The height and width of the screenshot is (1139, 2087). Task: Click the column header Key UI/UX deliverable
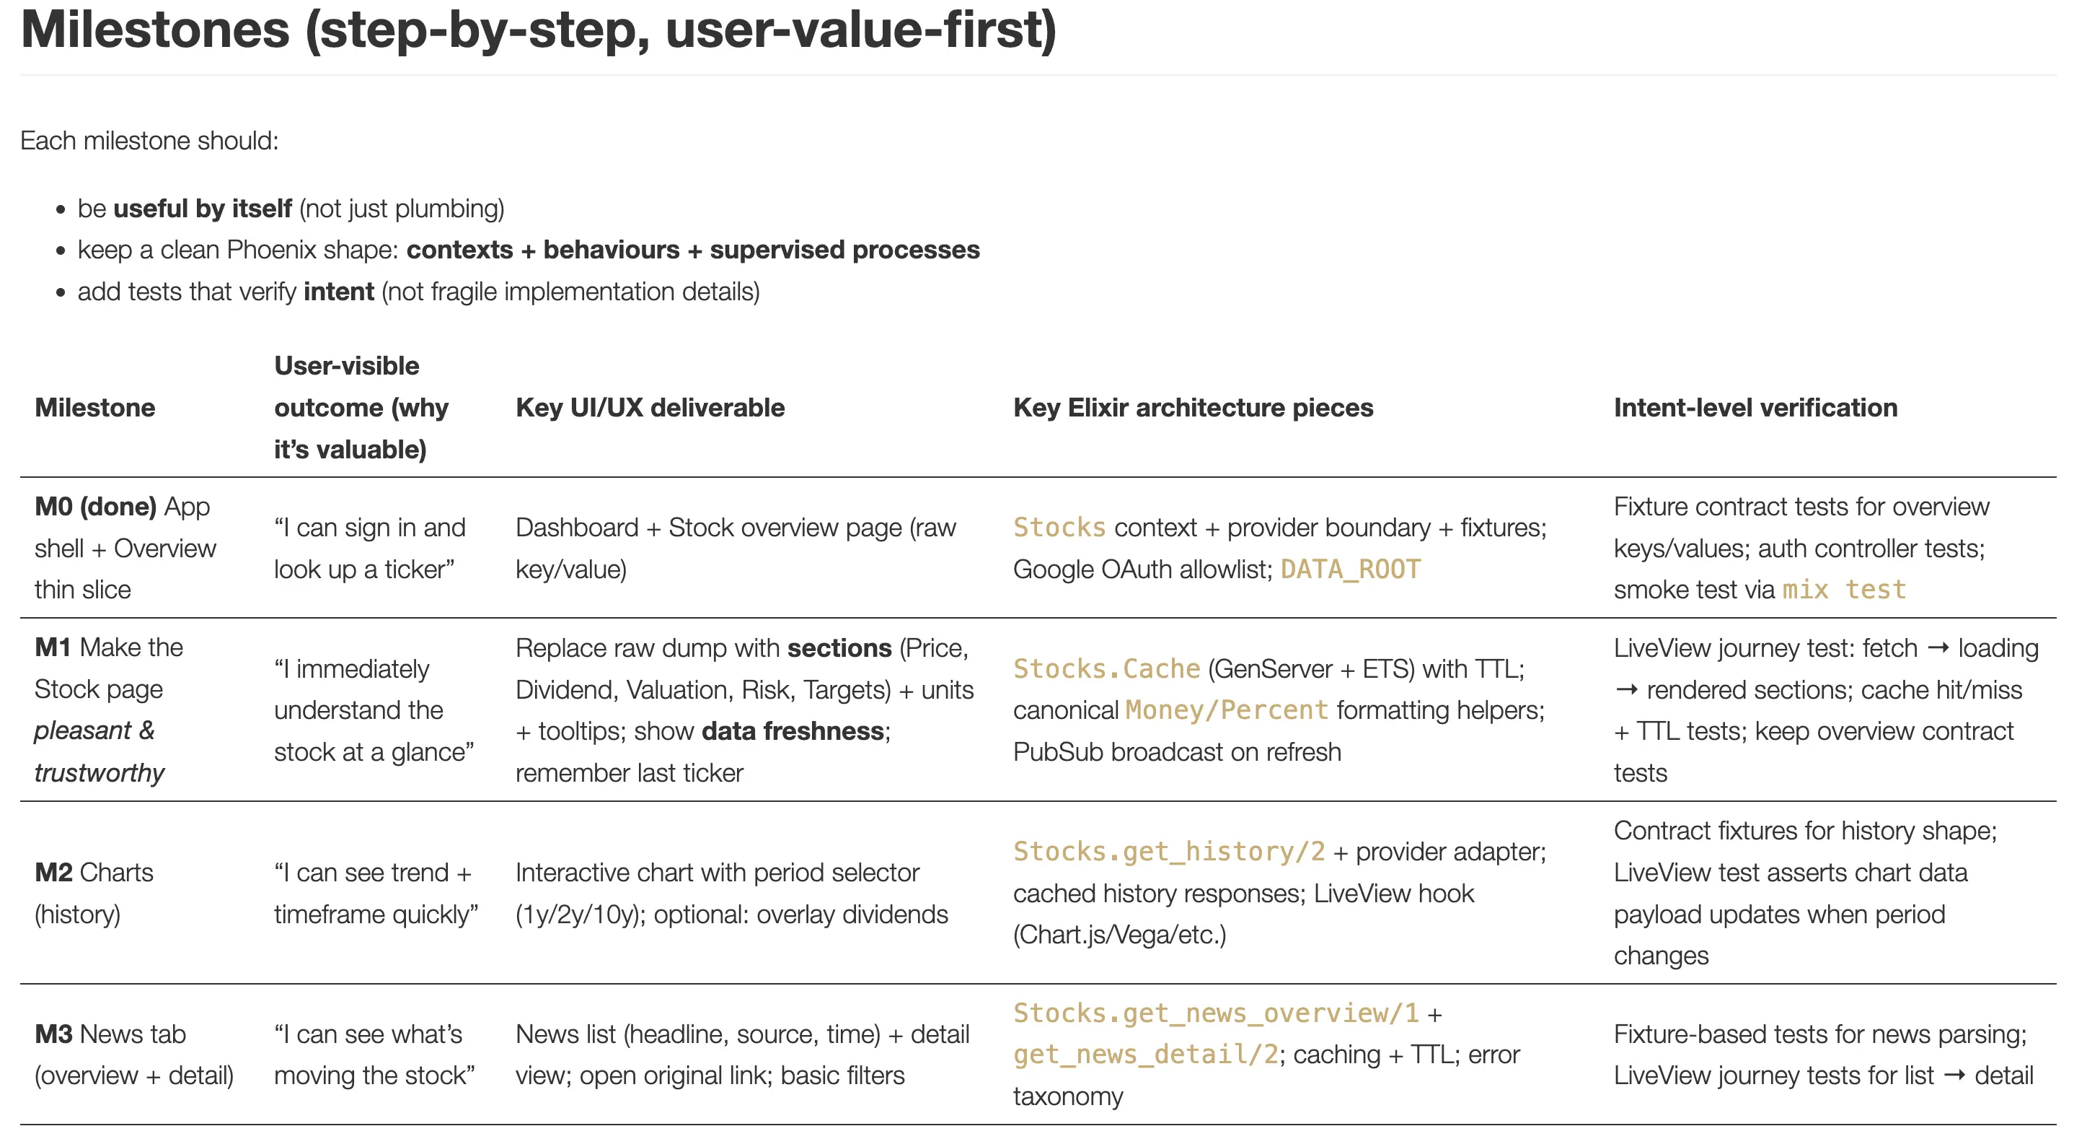click(650, 407)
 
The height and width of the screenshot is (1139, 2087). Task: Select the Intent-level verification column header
click(1755, 407)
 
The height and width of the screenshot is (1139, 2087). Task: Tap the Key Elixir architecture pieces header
click(1193, 407)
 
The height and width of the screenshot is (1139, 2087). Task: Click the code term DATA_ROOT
click(1350, 569)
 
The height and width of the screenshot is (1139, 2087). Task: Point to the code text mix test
click(1844, 590)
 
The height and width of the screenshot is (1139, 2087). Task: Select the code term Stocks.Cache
click(1106, 669)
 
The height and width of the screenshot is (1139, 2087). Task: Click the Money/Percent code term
click(1227, 710)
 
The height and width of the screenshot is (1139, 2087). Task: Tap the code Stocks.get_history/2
click(1168, 851)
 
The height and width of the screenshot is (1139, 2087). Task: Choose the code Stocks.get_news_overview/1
click(1215, 1013)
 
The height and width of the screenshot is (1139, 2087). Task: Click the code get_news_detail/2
click(1144, 1054)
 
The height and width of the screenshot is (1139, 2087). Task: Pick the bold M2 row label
click(53, 872)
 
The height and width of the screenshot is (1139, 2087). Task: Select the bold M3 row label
click(53, 1034)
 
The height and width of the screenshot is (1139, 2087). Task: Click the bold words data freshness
click(793, 731)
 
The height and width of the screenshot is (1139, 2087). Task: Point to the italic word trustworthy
click(99, 772)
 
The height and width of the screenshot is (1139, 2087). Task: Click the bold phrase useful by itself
click(202, 209)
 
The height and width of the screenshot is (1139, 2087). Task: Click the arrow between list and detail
click(1954, 1075)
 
